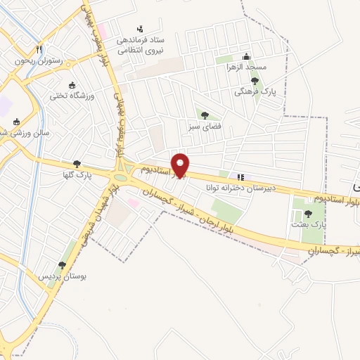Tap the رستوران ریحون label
pos(39,61)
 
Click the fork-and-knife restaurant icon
pos(39,49)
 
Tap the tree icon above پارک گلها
pos(77,164)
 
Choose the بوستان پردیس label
pos(63,276)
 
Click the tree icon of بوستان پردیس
pos(62,265)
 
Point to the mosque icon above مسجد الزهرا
pos(245,56)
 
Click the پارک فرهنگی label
pos(254,92)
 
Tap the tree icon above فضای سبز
pos(205,115)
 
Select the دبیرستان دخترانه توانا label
pos(239,188)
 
